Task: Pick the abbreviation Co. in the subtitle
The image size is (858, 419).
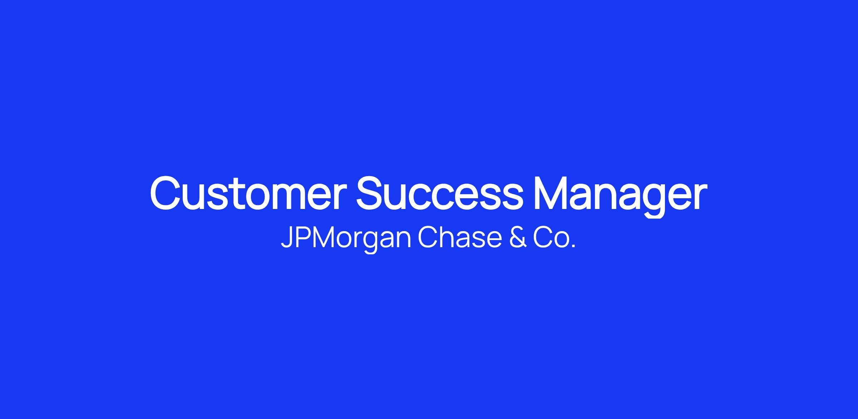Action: tap(554, 238)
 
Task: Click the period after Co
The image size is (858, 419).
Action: tap(573, 246)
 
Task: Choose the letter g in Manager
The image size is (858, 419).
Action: tap(655, 201)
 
